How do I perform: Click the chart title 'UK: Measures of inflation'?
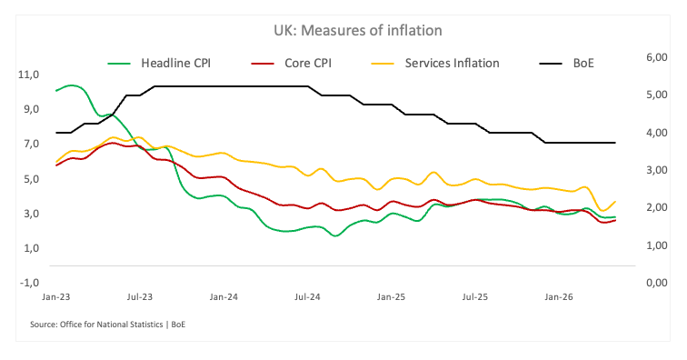tap(357, 30)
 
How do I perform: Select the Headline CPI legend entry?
tap(159, 63)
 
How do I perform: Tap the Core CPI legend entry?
tap(292, 63)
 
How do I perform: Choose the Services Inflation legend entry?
tap(435, 63)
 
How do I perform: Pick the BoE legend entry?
tap(566, 63)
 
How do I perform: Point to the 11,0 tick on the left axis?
tap(28, 75)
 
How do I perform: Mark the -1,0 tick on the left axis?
tap(29, 283)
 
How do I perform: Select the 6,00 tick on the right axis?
tap(657, 57)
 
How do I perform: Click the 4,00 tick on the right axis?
tap(657, 133)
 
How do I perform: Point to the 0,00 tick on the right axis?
tap(657, 283)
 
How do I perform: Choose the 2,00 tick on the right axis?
tap(657, 207)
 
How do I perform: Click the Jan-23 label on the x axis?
tap(56, 297)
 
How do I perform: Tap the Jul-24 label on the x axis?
tap(307, 297)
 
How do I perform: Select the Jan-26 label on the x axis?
tap(559, 297)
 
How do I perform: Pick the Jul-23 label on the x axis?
tap(140, 297)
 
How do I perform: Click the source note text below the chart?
tap(108, 325)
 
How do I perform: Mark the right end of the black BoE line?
tap(615, 143)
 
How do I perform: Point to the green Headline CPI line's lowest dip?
tap(335, 235)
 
